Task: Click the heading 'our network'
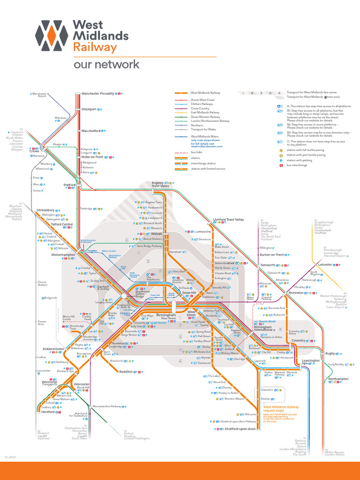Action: pos(106,64)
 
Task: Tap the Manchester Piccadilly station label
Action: pos(97,94)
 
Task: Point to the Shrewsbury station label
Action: pos(45,210)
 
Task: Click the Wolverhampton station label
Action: pos(63,255)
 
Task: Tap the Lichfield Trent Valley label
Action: pos(228,219)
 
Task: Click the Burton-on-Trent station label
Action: pos(272,255)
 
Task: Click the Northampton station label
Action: pos(338,379)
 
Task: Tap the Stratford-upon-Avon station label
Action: pos(240,429)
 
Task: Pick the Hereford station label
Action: pos(48,412)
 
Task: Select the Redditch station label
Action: pos(126,372)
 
